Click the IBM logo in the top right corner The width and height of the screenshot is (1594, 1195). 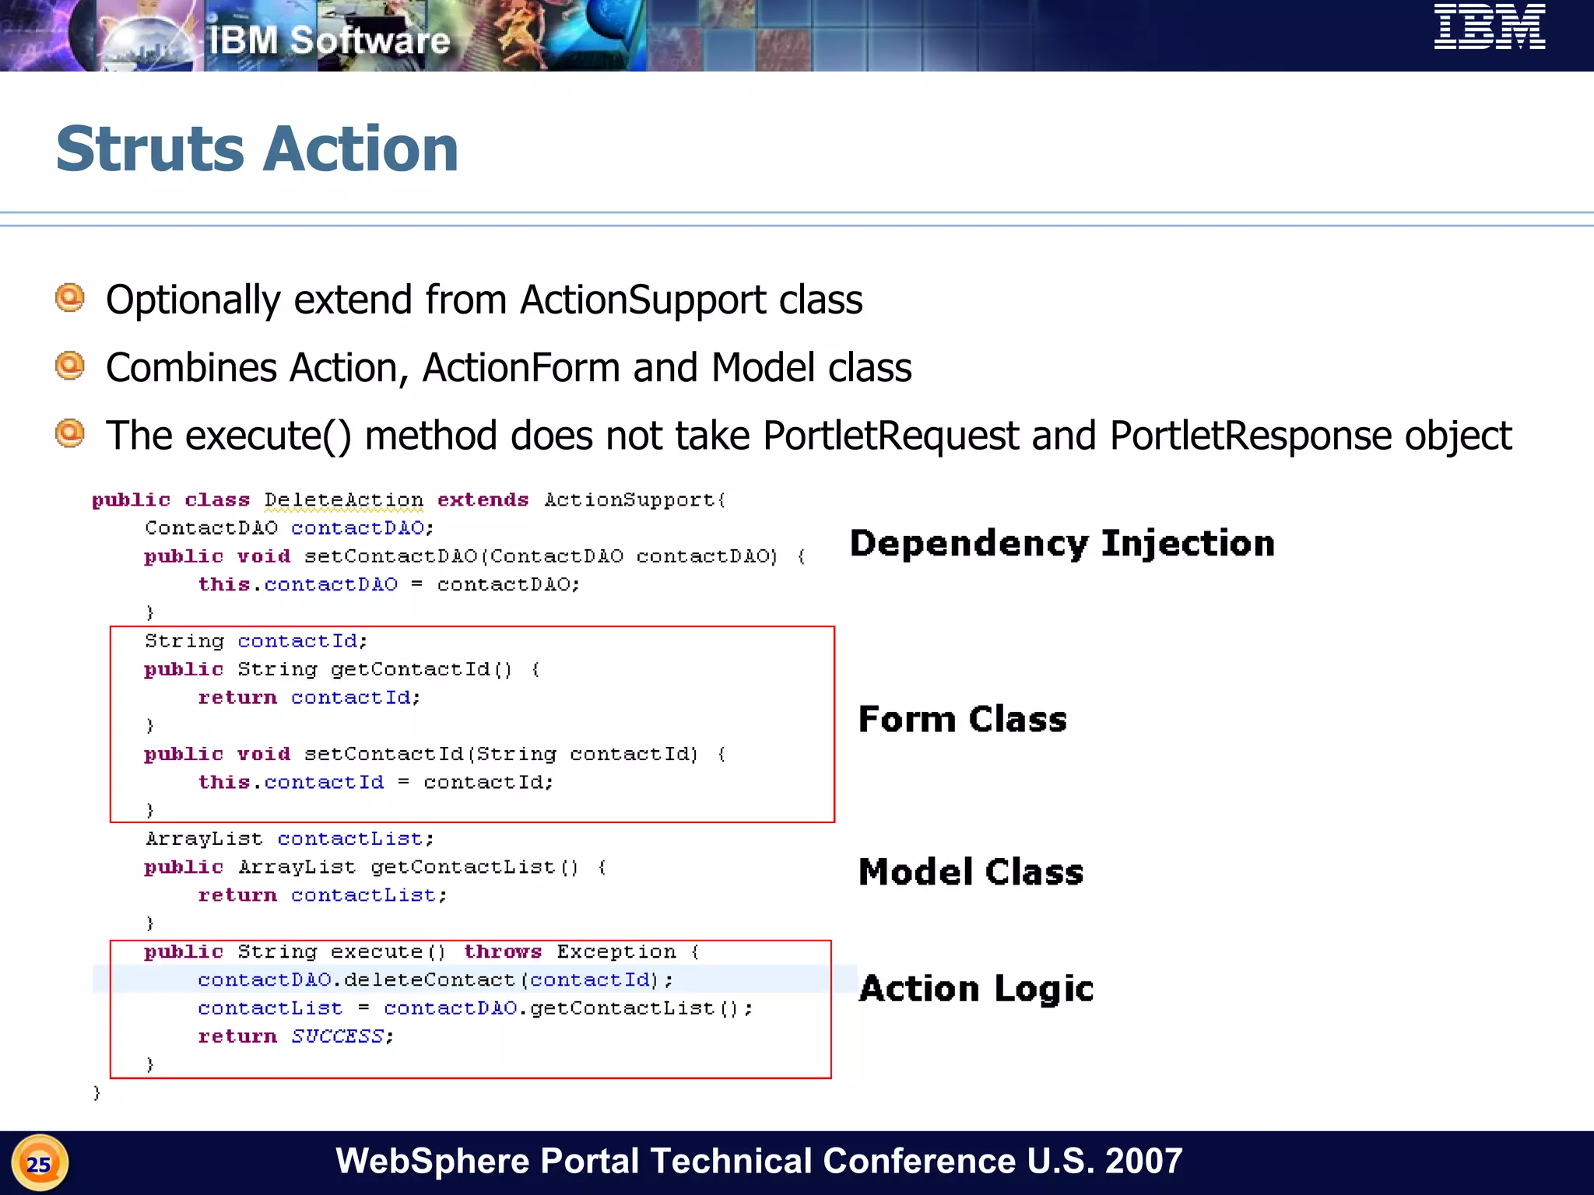(1489, 27)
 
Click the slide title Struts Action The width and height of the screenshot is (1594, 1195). (257, 149)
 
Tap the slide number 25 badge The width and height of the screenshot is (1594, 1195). (39, 1164)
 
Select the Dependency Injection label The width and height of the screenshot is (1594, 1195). (1062, 543)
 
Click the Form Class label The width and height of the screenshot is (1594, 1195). (962, 719)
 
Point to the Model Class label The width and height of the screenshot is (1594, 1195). (971, 871)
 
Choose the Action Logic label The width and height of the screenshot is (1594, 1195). (976, 989)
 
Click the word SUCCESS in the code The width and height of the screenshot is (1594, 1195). (337, 1036)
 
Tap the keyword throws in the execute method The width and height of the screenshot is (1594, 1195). (502, 951)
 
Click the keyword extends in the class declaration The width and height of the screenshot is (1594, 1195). (483, 499)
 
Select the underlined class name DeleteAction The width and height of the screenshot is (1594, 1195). (343, 500)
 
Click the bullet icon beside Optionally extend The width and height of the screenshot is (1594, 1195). (70, 298)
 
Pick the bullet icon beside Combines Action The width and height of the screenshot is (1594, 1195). (70, 366)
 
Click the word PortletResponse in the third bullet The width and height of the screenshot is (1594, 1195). (1250, 436)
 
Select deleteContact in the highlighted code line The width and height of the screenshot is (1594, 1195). (429, 979)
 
